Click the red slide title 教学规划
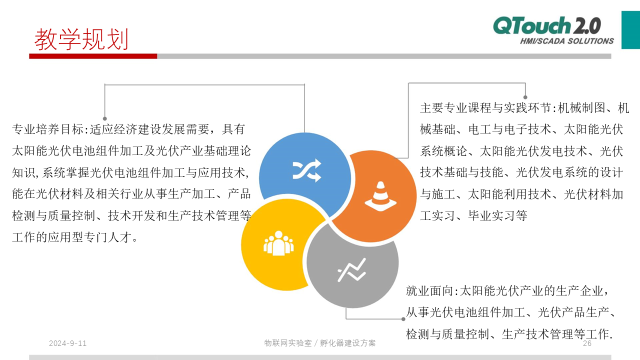pyautogui.click(x=81, y=39)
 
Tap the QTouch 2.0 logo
pyautogui.click(x=547, y=25)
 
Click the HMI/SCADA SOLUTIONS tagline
pyautogui.click(x=567, y=41)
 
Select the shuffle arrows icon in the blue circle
pyautogui.click(x=307, y=170)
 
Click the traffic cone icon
pyautogui.click(x=380, y=196)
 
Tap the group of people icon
pyautogui.click(x=278, y=243)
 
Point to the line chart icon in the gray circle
pyautogui.click(x=351, y=270)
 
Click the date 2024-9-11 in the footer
pyautogui.click(x=67, y=343)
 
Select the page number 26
pyautogui.click(x=587, y=343)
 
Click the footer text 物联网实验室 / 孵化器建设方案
pyautogui.click(x=319, y=343)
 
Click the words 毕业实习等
pyautogui.click(x=497, y=215)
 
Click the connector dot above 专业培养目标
pyautogui.click(x=105, y=118)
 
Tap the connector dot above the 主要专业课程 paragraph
pyautogui.click(x=525, y=97)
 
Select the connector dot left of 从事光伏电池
pyautogui.click(x=403, y=319)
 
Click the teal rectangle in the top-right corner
pyautogui.click(x=630, y=30)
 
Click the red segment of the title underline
pyautogui.click(x=93, y=56)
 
